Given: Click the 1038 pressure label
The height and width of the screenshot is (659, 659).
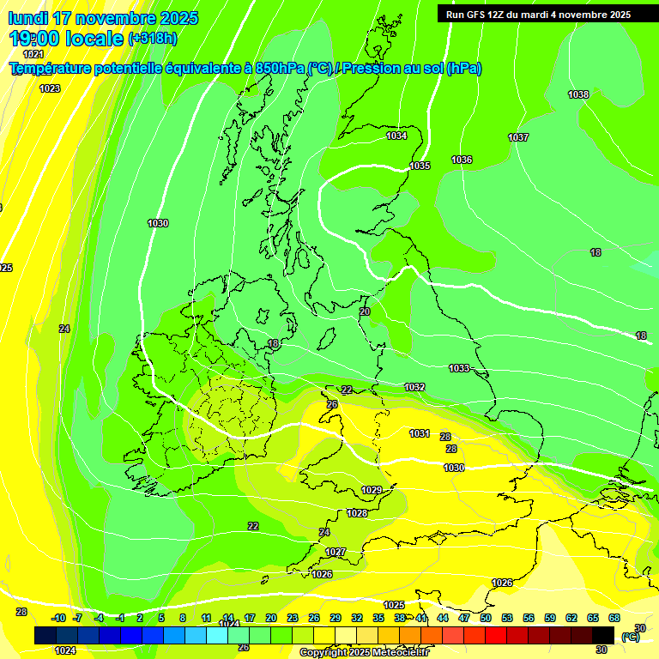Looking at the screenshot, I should (578, 94).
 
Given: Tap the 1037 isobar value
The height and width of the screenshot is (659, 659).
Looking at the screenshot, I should (518, 137).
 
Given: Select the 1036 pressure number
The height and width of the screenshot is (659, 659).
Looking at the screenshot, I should (462, 160).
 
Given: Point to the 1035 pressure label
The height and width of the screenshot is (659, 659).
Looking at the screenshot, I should (420, 166).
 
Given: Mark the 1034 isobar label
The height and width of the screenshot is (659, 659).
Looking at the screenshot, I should (396, 136).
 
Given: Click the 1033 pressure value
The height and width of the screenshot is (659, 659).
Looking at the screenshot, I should (459, 368).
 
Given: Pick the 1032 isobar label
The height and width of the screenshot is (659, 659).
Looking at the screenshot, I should (414, 387).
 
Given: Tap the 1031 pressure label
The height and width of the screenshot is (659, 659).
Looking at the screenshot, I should (420, 433).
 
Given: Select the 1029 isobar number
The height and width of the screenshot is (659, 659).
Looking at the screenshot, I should (372, 490).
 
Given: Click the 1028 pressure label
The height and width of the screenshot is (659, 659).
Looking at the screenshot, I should (357, 513).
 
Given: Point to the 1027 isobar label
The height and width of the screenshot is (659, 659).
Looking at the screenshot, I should (336, 552).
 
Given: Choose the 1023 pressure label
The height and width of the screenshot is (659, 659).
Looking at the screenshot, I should (50, 88).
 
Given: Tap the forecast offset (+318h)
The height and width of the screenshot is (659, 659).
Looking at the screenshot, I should (153, 39).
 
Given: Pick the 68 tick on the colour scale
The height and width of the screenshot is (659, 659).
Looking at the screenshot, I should (614, 618).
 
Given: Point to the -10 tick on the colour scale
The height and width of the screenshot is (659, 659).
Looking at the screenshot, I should (58, 618).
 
